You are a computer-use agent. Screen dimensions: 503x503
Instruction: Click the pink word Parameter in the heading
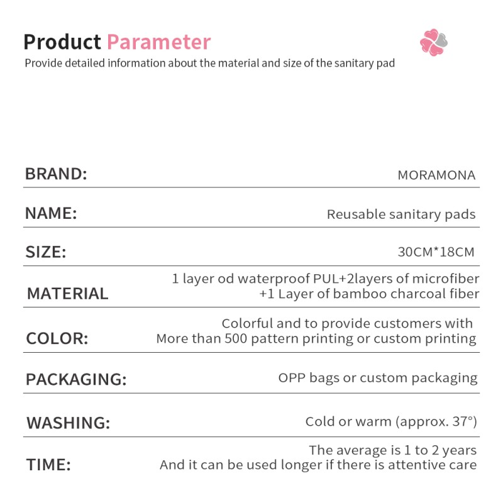pyautogui.click(x=158, y=42)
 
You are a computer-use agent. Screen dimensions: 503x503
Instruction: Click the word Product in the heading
pyautogui.click(x=62, y=42)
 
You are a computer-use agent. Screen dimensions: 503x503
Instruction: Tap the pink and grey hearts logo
pyautogui.click(x=433, y=42)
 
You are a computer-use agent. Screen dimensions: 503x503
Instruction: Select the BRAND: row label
pyautogui.click(x=56, y=174)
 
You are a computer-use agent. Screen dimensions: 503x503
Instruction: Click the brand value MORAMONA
pyautogui.click(x=436, y=175)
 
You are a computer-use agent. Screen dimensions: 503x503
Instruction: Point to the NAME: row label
pyautogui.click(x=51, y=213)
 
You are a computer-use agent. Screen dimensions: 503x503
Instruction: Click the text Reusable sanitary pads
pyautogui.click(x=401, y=214)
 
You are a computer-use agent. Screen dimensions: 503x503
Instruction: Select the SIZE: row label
pyautogui.click(x=45, y=253)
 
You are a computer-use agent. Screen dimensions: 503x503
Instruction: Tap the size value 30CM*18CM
pyautogui.click(x=436, y=253)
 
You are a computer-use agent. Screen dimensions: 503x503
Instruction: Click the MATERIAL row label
pyautogui.click(x=67, y=294)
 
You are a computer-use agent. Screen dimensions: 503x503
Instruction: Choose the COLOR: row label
pyautogui.click(x=57, y=339)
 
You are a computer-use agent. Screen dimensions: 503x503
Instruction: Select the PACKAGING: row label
pyautogui.click(x=76, y=380)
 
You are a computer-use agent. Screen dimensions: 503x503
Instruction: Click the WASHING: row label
pyautogui.click(x=68, y=423)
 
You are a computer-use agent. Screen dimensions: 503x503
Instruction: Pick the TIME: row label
pyautogui.click(x=48, y=465)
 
